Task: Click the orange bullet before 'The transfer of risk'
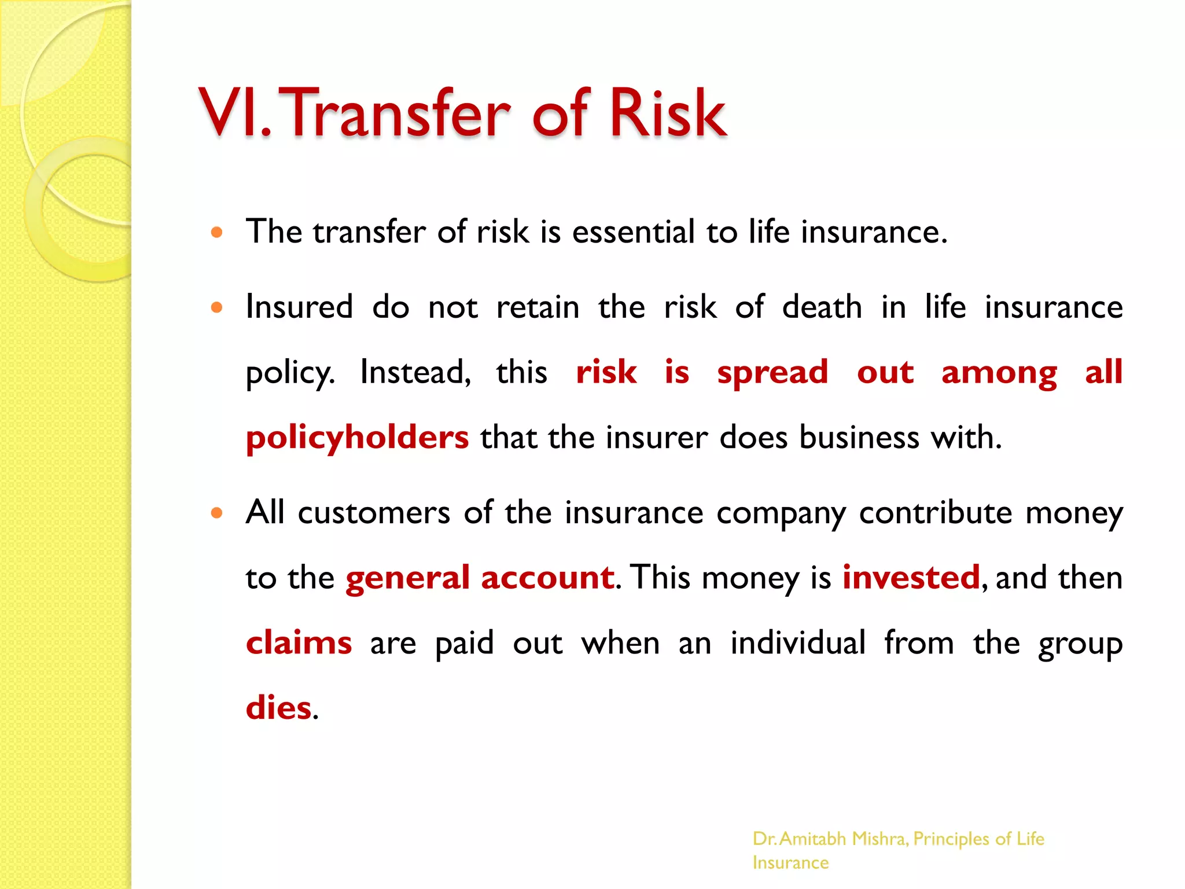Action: pyautogui.click(x=217, y=233)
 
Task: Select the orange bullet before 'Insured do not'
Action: pyautogui.click(x=217, y=307)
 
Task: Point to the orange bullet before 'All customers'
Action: pyautogui.click(x=217, y=513)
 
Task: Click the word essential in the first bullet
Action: pyautogui.click(x=633, y=232)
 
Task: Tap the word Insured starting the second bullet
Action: pyautogui.click(x=299, y=307)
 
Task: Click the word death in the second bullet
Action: pyautogui.click(x=822, y=307)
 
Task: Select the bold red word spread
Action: pyautogui.click(x=772, y=372)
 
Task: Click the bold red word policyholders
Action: pyautogui.click(x=357, y=438)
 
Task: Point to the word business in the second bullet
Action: pyautogui.click(x=859, y=438)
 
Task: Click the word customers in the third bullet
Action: pyautogui.click(x=374, y=513)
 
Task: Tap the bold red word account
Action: pyautogui.click(x=547, y=578)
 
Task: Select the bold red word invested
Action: pyautogui.click(x=911, y=578)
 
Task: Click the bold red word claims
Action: pyautogui.click(x=299, y=643)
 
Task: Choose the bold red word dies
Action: pyautogui.click(x=278, y=708)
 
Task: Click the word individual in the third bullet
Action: pyautogui.click(x=798, y=643)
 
